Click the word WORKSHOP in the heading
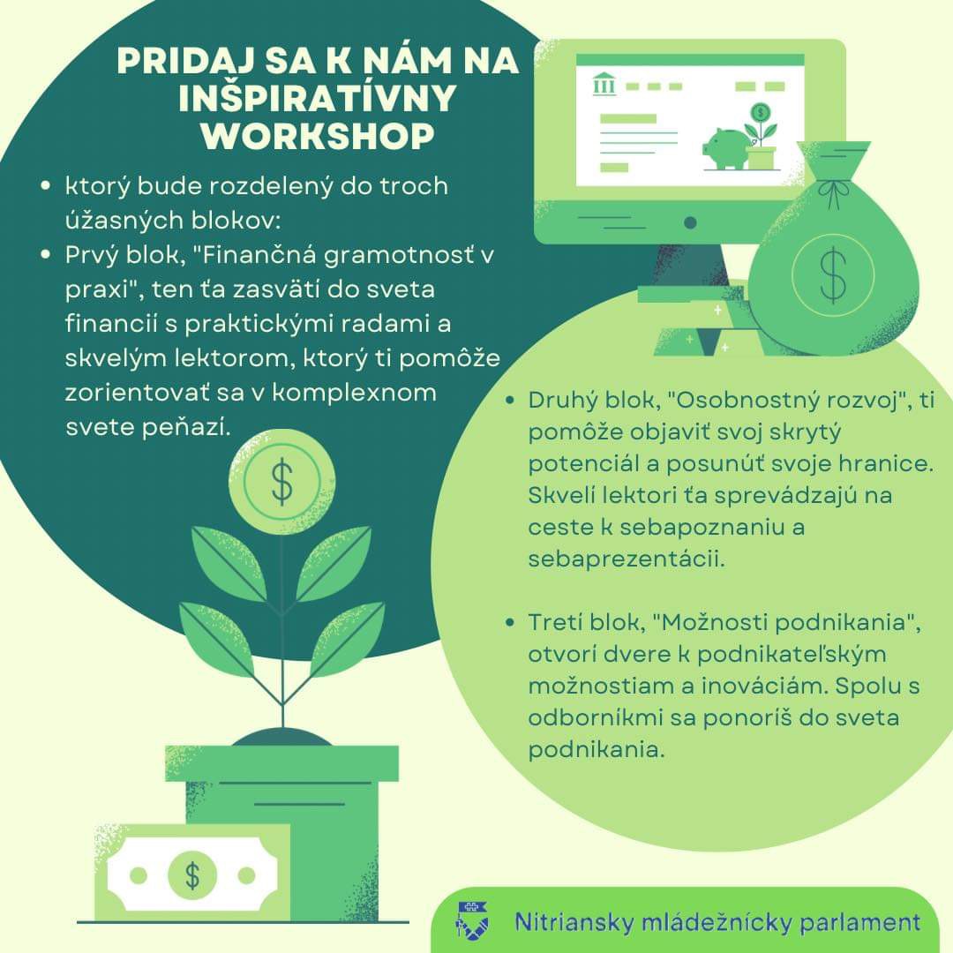pos(318,136)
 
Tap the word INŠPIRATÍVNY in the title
pos(318,97)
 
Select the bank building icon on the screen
pos(604,84)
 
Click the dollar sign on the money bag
pos(833,275)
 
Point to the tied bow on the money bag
pos(833,191)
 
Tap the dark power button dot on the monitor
pos(690,223)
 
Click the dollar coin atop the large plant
pos(282,482)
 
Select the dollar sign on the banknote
pos(192,876)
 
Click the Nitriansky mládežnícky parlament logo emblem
pos(473,919)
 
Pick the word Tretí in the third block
pos(552,622)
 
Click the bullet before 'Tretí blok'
pos(510,622)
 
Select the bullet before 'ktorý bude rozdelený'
pos(46,185)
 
